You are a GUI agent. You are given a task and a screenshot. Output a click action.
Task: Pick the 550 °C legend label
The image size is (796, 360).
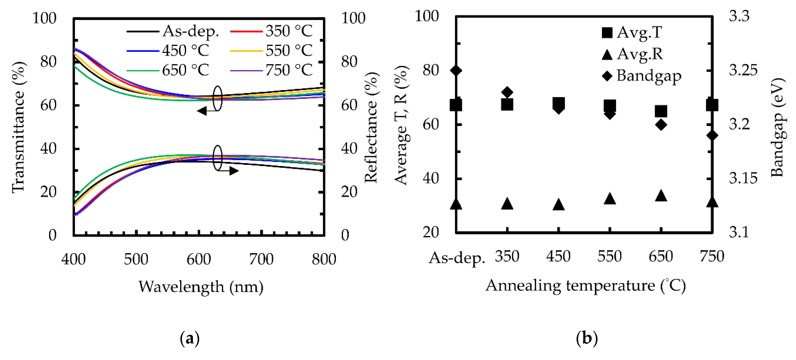point(289,51)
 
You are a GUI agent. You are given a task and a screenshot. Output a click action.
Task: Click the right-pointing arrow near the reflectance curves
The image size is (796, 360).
point(234,171)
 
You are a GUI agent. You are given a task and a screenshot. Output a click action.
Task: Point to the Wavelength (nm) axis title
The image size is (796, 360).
point(201,287)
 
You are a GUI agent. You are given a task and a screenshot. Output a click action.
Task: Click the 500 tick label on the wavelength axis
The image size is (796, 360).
point(136,259)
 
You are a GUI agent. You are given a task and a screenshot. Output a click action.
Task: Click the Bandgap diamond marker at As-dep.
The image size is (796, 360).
point(456,70)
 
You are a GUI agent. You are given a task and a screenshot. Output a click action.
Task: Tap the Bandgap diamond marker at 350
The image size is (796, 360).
point(507,92)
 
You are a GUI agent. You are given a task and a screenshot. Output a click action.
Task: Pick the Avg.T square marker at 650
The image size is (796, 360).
point(661,111)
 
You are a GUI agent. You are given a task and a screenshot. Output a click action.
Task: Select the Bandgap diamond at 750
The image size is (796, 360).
point(712,135)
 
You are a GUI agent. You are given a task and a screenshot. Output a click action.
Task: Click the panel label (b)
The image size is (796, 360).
point(586,338)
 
